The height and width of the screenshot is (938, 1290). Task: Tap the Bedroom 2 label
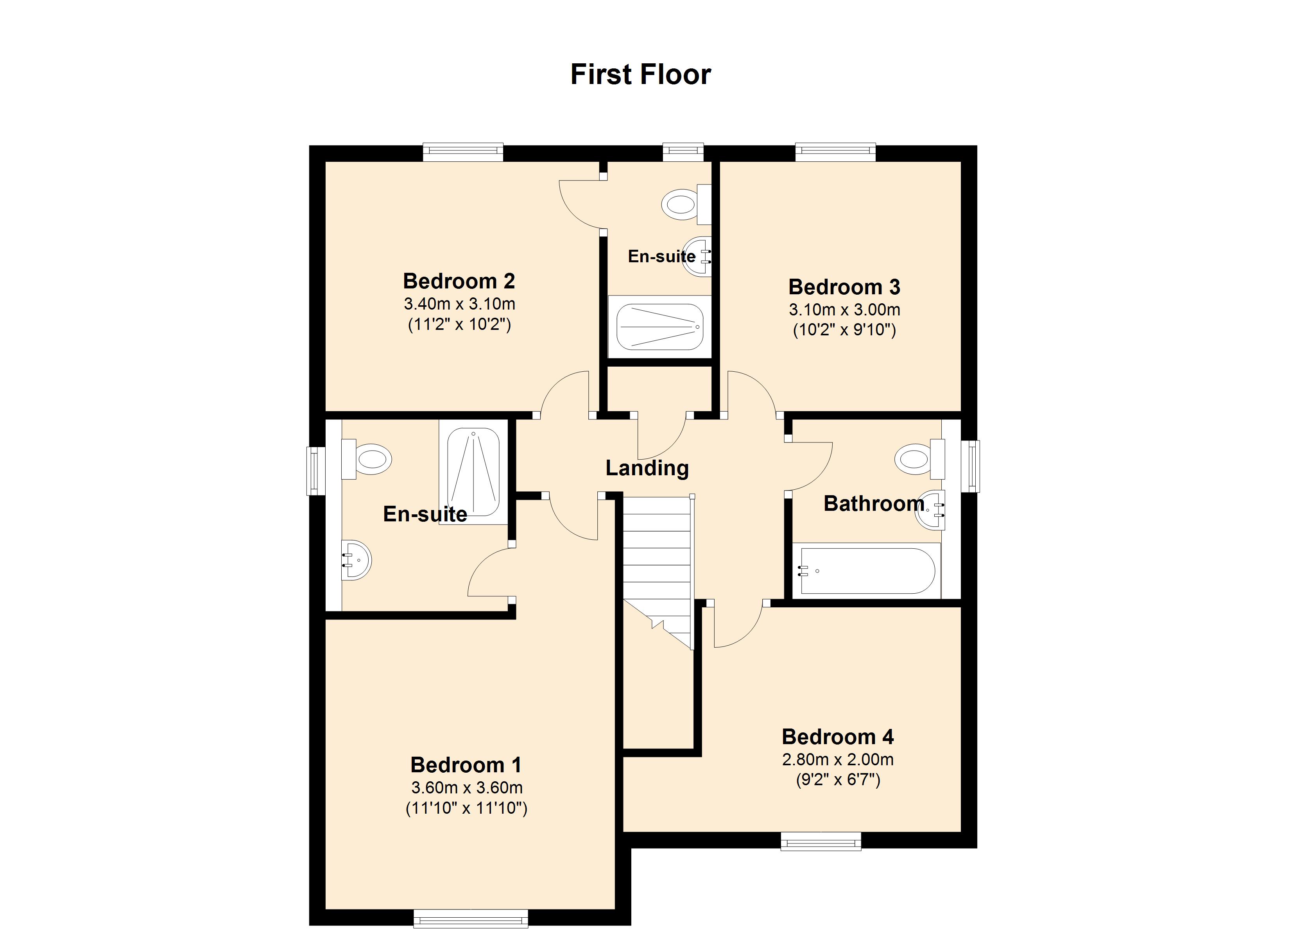[x=459, y=281]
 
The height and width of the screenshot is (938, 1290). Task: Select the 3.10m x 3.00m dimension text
[x=844, y=310]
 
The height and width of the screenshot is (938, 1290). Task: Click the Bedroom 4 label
[x=838, y=737]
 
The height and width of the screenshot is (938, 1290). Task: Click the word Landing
[x=647, y=468]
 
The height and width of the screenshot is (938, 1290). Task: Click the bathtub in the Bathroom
[x=867, y=571]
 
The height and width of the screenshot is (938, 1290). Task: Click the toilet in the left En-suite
[x=366, y=458]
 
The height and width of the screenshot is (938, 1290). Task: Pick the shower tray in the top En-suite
[x=660, y=326]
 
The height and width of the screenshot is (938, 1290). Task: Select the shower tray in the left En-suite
[x=473, y=472]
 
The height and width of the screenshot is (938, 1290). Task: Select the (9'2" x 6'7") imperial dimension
[x=838, y=779]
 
